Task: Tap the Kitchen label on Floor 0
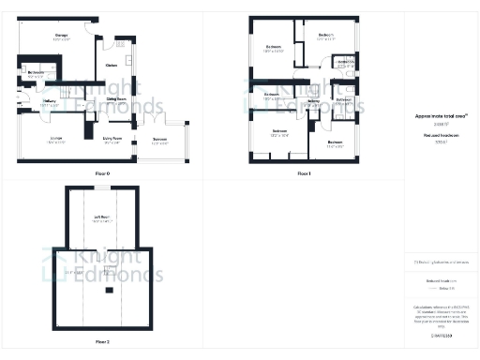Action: pos(112,65)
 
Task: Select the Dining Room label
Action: pos(116,98)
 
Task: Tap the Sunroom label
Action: pos(160,141)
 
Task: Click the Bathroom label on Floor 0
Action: pos(37,72)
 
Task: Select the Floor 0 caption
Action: pos(102,174)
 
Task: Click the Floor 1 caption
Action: pos(303,174)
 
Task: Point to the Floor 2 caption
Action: pos(102,342)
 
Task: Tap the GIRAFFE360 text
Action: pos(441,335)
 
